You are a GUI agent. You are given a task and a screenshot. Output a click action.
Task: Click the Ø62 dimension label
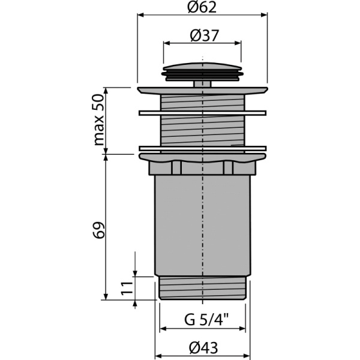point(202,8)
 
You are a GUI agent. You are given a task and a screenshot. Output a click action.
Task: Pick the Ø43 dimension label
point(203,347)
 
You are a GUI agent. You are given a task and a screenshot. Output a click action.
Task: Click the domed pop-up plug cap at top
point(203,67)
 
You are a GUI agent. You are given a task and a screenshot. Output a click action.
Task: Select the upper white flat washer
point(202,112)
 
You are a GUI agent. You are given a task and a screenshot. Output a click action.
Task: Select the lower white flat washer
point(202,148)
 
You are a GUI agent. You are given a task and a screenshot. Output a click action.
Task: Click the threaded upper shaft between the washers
point(202,130)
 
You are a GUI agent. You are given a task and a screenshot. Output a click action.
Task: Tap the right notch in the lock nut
point(229,167)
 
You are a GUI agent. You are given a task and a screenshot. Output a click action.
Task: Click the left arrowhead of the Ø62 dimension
point(141,17)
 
